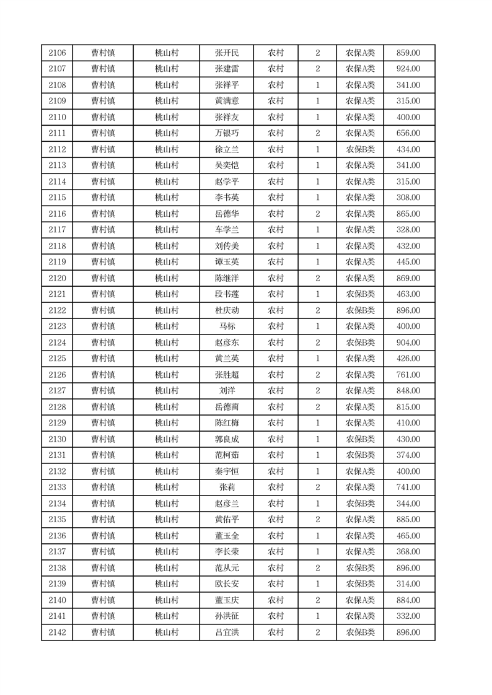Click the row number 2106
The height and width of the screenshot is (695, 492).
point(57,53)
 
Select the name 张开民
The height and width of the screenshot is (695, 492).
point(226,53)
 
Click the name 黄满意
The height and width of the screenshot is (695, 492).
point(226,102)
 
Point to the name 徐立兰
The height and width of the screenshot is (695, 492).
point(226,150)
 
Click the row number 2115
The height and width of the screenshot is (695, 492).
point(57,198)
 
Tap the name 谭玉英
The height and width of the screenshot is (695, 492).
point(226,262)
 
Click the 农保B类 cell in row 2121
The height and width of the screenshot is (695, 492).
point(360,294)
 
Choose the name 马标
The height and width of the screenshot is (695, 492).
point(226,326)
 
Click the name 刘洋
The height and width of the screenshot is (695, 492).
point(226,391)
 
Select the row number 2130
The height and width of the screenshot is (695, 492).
point(57,439)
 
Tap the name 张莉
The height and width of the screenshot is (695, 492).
point(226,487)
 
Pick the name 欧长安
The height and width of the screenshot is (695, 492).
point(226,584)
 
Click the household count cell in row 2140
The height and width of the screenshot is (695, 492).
point(317,600)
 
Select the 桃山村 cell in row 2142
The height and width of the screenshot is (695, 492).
point(167,632)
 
